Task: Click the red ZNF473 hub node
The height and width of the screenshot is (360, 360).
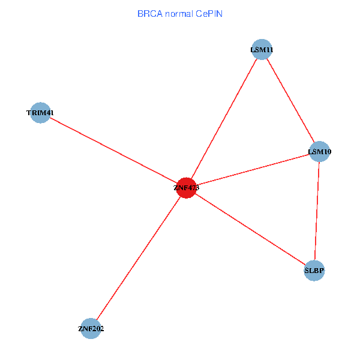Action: click(x=187, y=188)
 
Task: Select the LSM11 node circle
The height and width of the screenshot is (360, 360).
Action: click(x=262, y=49)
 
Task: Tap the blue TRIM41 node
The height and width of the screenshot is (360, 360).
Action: click(x=40, y=113)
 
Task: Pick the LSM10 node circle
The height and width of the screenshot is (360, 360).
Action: click(x=319, y=152)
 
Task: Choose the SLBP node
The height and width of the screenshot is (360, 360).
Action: click(x=314, y=271)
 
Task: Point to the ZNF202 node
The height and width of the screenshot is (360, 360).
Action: click(x=91, y=328)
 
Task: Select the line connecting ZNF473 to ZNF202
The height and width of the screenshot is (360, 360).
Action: click(x=139, y=258)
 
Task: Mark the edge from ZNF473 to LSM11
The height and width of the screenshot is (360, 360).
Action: click(x=224, y=118)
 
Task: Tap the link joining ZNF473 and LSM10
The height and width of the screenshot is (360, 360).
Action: click(x=253, y=170)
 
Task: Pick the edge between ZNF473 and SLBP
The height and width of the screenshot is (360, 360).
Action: click(x=250, y=229)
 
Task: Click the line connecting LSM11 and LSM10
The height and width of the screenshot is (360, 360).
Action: click(x=290, y=100)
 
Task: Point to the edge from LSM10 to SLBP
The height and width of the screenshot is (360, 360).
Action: click(x=317, y=211)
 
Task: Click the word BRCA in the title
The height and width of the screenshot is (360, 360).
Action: click(x=149, y=13)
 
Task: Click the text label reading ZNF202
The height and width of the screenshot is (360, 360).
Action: click(x=91, y=329)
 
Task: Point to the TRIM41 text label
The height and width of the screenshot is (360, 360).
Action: click(x=40, y=113)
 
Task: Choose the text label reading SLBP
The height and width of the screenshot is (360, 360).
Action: click(x=314, y=271)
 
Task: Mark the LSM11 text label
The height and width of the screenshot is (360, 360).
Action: click(x=262, y=49)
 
